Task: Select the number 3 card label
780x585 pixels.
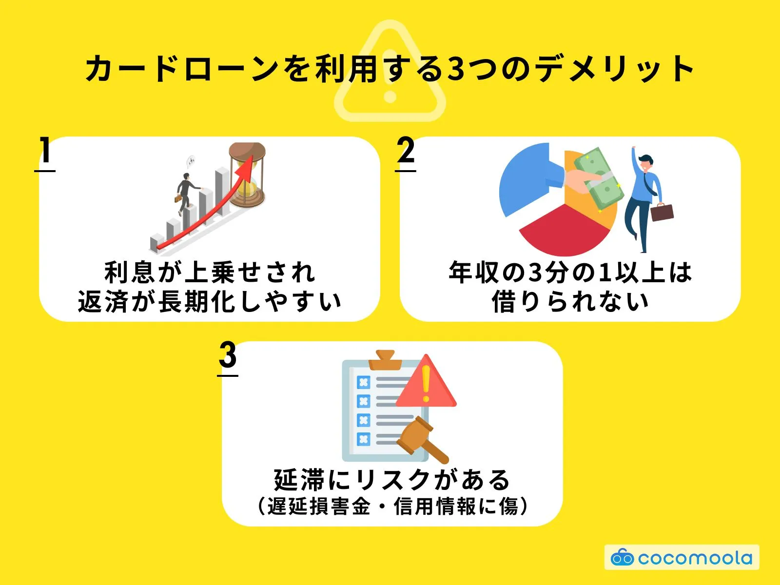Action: click(228, 355)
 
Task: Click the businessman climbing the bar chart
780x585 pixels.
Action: click(185, 193)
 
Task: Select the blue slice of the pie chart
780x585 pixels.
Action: click(524, 178)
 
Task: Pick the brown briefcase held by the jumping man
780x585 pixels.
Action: click(662, 212)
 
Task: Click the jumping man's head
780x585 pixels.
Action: click(645, 162)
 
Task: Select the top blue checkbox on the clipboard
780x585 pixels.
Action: click(363, 382)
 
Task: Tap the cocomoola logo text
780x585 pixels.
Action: click(695, 558)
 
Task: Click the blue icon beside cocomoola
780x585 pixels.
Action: click(622, 557)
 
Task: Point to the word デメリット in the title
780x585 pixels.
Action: click(614, 68)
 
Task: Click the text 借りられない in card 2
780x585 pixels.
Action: click(570, 302)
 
